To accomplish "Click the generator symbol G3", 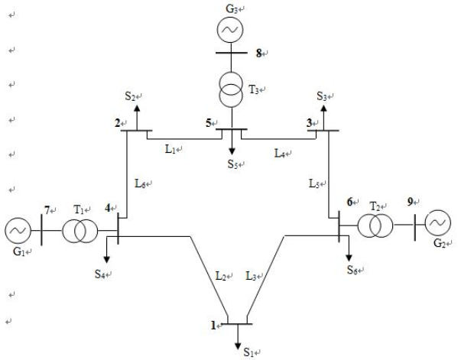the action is pos(230,30).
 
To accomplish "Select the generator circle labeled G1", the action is pos(18,231).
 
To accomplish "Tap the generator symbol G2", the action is pos(438,222).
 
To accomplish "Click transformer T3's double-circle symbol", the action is pos(231,89).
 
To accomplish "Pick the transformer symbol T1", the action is pos(80,231).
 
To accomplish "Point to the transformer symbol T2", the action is pos(375,225).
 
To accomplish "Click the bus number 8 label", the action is pos(258,54).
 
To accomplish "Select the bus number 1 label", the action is pos(213,326).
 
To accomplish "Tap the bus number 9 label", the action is pos(411,202).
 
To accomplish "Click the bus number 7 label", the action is pos(47,210).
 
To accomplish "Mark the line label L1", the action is pos(171,149).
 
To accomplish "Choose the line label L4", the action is pos(280,153).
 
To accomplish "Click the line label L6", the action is pos(140,183).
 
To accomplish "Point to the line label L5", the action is pos(314,183).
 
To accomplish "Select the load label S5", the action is pos(233,164).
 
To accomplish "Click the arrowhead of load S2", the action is pos(137,108).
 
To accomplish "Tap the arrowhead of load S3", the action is pos(323,108).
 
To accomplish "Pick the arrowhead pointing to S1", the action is pos(238,346).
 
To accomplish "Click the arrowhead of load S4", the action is pos(107,259).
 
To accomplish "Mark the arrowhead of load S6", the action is pos(349,258).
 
